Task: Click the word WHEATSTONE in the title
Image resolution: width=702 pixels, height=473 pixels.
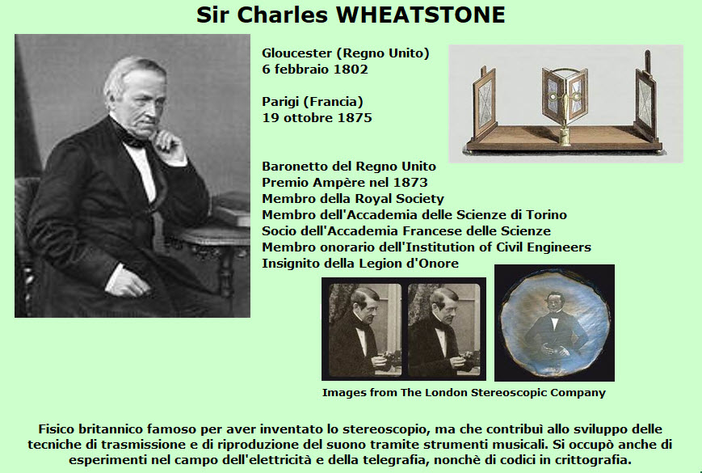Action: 420,15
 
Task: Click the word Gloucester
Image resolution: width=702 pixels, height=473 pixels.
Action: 296,53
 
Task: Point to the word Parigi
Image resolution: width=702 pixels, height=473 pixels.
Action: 280,102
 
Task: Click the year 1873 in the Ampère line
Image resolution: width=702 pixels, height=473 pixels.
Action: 410,182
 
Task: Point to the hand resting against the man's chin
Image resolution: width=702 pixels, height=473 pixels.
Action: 168,144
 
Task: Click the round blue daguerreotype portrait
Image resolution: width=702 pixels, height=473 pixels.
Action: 555,323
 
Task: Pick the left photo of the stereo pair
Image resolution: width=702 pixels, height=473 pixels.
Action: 365,330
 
